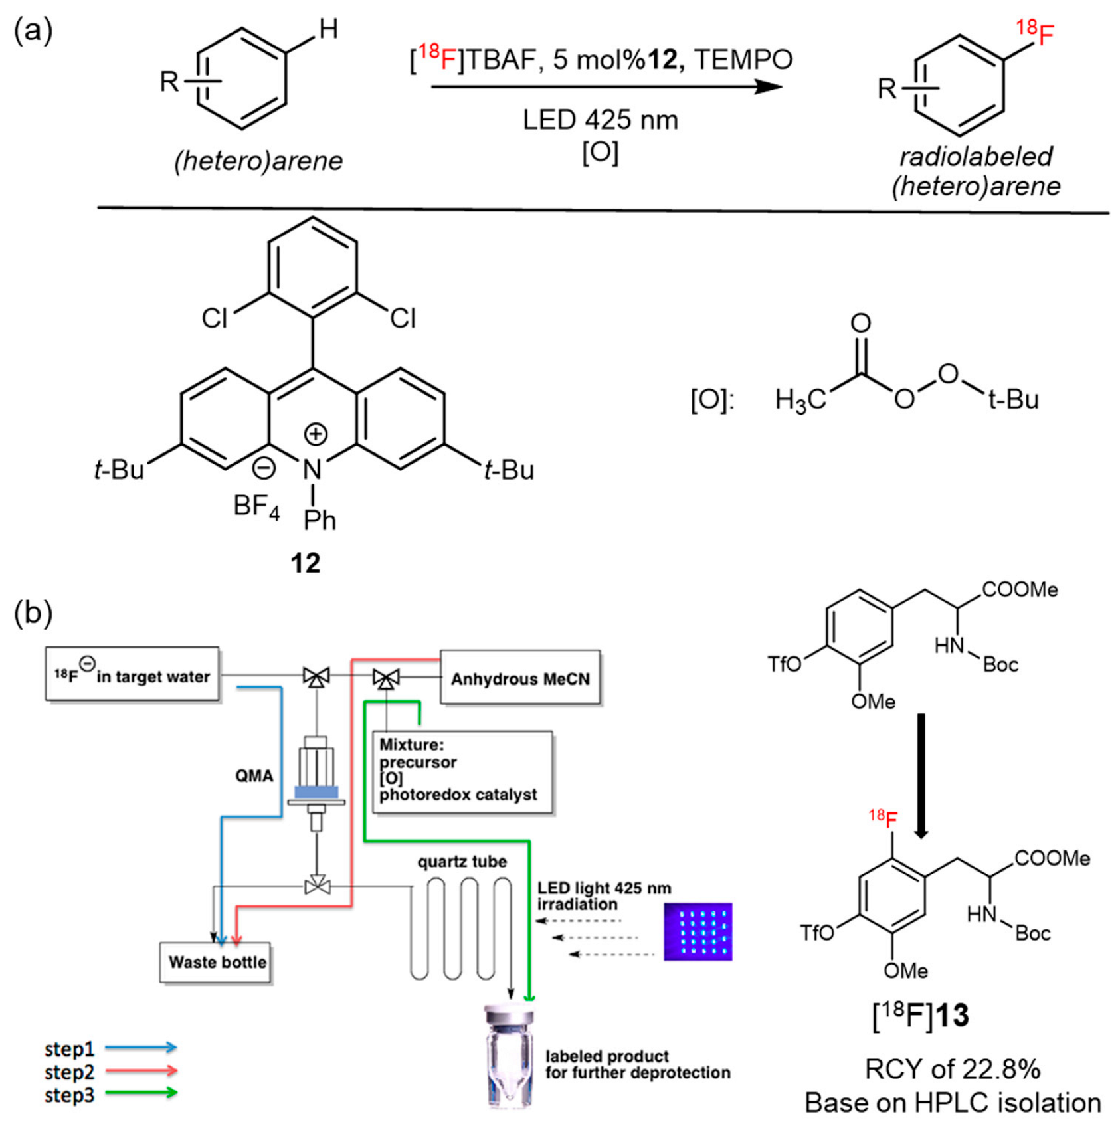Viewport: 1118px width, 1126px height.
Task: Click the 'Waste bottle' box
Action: click(x=216, y=962)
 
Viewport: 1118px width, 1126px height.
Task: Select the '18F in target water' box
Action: click(x=132, y=675)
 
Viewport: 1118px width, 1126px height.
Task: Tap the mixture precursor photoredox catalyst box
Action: click(x=463, y=773)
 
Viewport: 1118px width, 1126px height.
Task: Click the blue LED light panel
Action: click(x=698, y=931)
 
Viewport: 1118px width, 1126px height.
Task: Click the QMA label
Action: click(x=254, y=775)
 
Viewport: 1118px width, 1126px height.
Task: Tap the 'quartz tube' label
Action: click(x=462, y=862)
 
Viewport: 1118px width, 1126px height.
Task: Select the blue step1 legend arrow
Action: click(x=141, y=1048)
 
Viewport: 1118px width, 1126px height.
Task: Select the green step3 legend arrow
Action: click(x=141, y=1093)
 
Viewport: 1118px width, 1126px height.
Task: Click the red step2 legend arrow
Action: click(x=141, y=1070)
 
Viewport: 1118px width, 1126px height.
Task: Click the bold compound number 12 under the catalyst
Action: click(x=305, y=563)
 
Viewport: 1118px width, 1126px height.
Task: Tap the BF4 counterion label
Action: click(x=256, y=506)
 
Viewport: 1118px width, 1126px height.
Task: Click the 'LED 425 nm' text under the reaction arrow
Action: click(x=600, y=120)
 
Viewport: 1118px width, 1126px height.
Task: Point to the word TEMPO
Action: click(x=743, y=60)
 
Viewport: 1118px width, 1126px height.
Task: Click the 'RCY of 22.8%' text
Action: click(x=952, y=1069)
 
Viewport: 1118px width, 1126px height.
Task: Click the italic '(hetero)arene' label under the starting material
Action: click(x=258, y=161)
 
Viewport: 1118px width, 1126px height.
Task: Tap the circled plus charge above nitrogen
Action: click(x=315, y=434)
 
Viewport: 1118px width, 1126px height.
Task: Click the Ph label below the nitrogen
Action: click(x=320, y=520)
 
